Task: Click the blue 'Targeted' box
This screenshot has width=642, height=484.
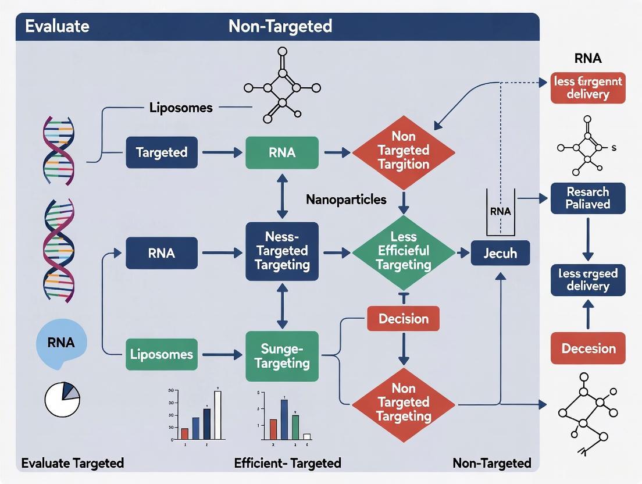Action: (x=161, y=152)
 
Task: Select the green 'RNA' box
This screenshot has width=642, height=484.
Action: (x=282, y=152)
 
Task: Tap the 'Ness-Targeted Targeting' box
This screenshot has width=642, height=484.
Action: (x=282, y=251)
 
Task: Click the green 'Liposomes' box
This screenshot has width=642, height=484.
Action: (x=161, y=354)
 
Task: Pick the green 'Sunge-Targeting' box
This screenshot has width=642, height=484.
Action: (x=282, y=356)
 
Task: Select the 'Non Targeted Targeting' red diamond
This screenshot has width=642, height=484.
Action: (x=403, y=402)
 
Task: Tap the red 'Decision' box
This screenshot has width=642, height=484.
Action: (x=403, y=319)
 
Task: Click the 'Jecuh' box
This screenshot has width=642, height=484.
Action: (x=500, y=254)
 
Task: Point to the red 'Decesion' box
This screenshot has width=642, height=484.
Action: (x=588, y=348)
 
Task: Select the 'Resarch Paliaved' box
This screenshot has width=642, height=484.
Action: (x=588, y=198)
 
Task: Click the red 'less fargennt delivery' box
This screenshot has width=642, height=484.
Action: (x=588, y=88)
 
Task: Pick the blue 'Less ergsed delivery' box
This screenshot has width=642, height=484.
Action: (x=588, y=279)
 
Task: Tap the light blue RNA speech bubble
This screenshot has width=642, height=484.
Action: (x=61, y=343)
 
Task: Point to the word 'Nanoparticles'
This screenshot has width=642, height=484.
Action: (x=346, y=200)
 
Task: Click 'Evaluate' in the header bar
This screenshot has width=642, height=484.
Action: (x=56, y=26)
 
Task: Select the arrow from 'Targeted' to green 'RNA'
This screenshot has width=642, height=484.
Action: (x=222, y=152)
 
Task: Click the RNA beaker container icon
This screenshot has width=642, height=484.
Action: (x=500, y=212)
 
